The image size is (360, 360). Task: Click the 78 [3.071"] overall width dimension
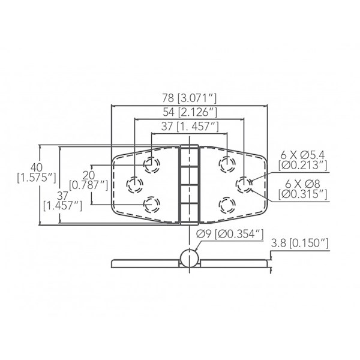(x=190, y=98)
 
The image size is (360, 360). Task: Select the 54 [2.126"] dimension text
(x=190, y=112)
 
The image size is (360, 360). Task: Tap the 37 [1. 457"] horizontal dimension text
(x=190, y=126)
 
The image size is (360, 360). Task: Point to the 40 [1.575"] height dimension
(x=37, y=173)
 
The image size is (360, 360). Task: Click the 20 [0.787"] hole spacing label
(x=88, y=181)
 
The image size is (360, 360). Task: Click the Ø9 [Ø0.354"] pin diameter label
(x=230, y=235)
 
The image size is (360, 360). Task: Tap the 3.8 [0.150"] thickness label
(x=300, y=244)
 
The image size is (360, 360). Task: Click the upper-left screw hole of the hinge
(x=152, y=165)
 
